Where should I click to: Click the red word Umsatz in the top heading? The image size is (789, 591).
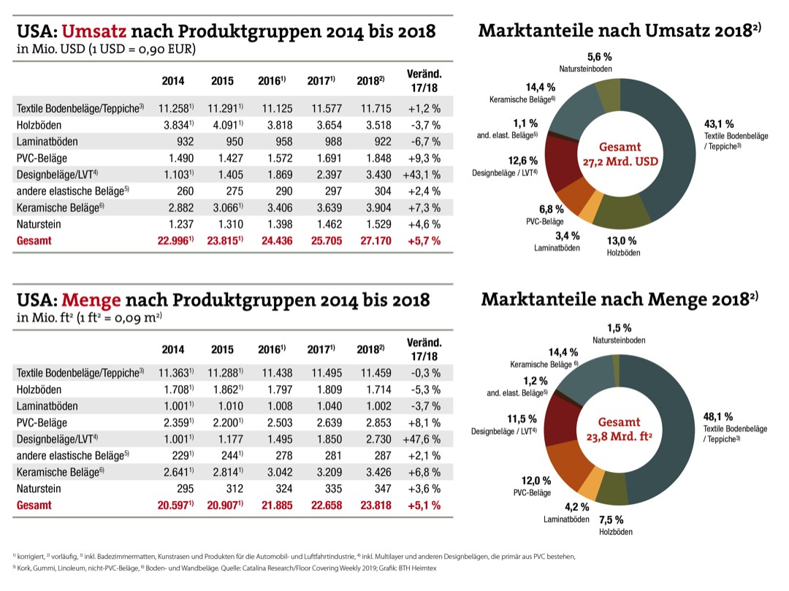[x=94, y=31]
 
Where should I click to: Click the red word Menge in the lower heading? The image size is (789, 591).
[x=91, y=300]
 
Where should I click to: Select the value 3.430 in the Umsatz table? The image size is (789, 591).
[x=372, y=174]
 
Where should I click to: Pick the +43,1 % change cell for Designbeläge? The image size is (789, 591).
[x=422, y=174]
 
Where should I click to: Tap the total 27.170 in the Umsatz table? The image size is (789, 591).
[x=372, y=240]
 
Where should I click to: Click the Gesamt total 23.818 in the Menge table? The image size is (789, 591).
[x=372, y=505]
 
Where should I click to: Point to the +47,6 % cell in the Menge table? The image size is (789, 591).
[x=422, y=439]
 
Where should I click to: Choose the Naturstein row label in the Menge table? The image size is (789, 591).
[x=39, y=488]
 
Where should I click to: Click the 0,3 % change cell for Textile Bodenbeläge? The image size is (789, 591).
[x=422, y=373]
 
